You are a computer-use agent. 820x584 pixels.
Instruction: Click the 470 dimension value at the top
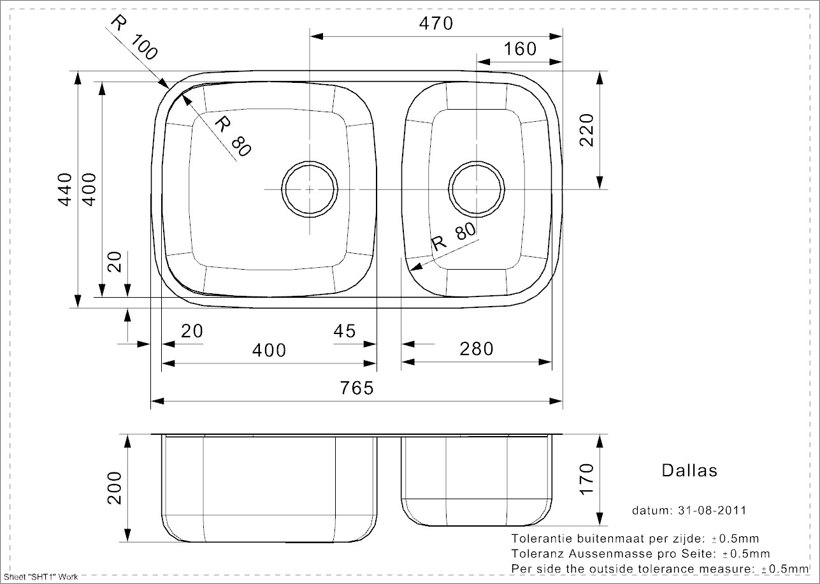(x=436, y=24)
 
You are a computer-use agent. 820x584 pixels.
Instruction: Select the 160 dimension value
(x=520, y=48)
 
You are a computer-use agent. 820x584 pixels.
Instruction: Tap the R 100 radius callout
(x=134, y=37)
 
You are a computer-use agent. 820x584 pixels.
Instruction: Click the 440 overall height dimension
(x=66, y=190)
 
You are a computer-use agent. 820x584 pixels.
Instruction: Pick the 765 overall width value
(x=357, y=388)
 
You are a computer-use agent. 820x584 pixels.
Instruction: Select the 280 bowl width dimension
(x=477, y=349)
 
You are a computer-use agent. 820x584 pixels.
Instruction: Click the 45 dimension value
(x=345, y=331)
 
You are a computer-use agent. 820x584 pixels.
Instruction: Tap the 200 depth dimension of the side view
(x=114, y=488)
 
